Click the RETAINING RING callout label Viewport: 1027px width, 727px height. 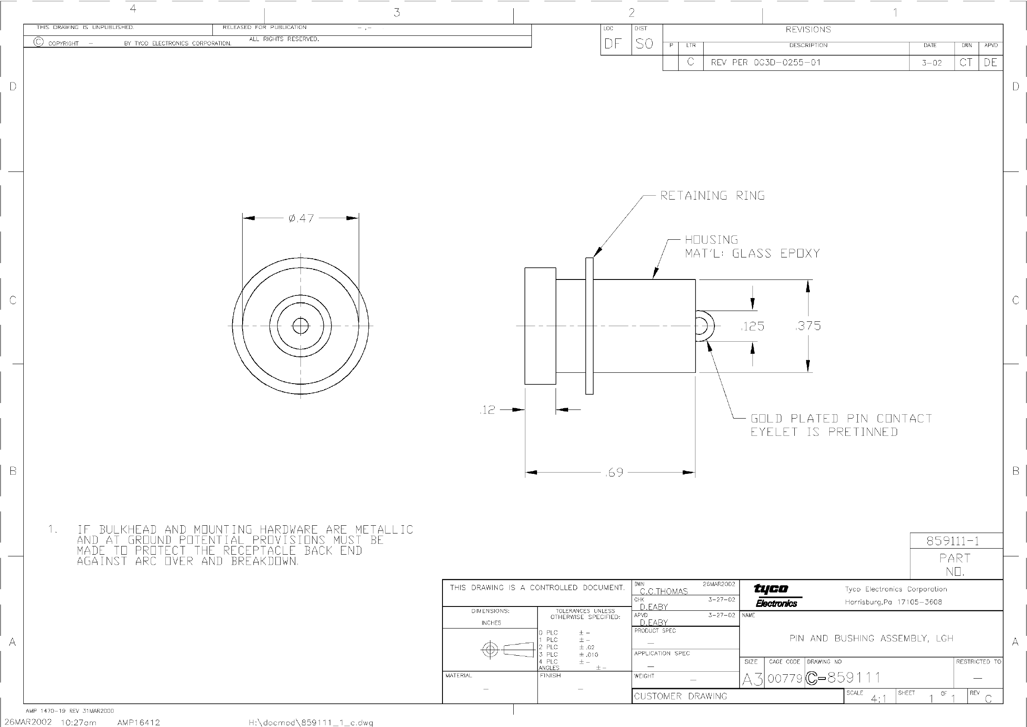click(x=713, y=196)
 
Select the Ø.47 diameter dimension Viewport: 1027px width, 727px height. click(x=301, y=219)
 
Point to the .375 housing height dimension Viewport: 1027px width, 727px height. click(x=808, y=326)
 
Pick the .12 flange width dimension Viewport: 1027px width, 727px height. click(x=487, y=410)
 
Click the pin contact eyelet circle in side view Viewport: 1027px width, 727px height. click(x=704, y=326)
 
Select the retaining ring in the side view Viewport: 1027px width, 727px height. click(x=590, y=326)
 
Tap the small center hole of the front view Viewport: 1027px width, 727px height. click(x=300, y=326)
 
